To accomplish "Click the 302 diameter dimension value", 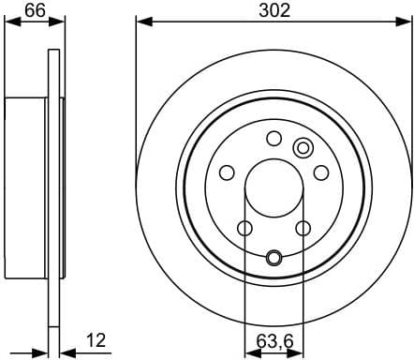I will [274, 10].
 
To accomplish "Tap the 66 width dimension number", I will [34, 10].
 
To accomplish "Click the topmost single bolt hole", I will [274, 139].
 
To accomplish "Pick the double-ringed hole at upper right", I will [303, 147].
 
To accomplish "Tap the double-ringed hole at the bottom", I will [274, 258].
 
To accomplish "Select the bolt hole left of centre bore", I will [227, 172].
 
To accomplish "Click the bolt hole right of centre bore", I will [321, 172].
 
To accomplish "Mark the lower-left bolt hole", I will [244, 228].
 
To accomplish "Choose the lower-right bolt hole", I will [303, 228].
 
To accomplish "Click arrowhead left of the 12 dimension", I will [41, 352].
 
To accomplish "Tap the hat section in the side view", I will [25, 187].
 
